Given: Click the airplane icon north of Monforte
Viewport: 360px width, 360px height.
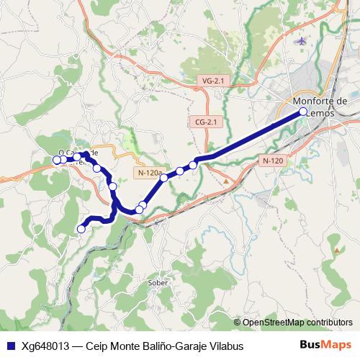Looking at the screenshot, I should [301, 40].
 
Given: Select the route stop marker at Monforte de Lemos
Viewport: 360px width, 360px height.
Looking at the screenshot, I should [303, 112].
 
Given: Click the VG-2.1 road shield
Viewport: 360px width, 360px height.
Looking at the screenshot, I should [214, 82].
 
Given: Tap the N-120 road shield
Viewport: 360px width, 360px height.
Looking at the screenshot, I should [272, 161].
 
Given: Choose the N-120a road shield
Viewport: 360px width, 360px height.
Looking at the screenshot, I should [149, 173].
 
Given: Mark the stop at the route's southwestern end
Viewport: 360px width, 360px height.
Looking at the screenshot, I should [81, 229].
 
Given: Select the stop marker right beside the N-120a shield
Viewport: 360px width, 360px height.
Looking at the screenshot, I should [164, 177].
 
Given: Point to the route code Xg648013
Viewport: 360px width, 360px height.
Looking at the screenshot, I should [46, 346].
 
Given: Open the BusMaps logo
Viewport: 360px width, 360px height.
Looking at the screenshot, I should [325, 345].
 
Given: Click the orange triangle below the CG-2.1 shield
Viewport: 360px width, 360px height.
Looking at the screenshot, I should [226, 181].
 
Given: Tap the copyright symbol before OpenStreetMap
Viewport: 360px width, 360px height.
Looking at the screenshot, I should [237, 323].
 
